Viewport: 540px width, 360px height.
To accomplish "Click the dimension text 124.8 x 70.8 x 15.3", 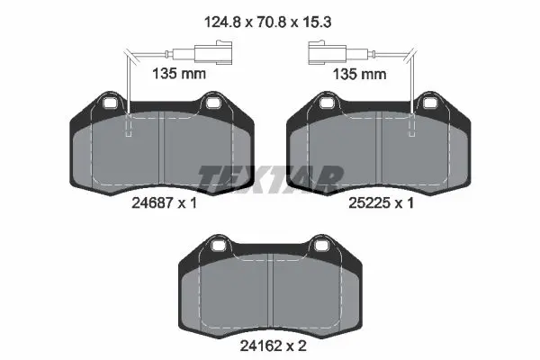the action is pyautogui.click(x=267, y=22).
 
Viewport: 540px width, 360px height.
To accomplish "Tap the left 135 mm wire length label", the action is pyautogui.click(x=179, y=74).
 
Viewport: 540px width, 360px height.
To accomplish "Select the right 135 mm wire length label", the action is pyautogui.click(x=359, y=74).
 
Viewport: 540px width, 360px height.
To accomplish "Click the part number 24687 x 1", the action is pyautogui.click(x=165, y=202).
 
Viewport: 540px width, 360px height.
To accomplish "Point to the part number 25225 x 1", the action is pyautogui.click(x=381, y=202).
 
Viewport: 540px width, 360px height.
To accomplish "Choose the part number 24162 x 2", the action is pyautogui.click(x=273, y=346).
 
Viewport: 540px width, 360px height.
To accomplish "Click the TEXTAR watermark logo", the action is pyautogui.click(x=271, y=178).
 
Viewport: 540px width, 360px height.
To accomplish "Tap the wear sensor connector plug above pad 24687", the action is pyautogui.click(x=213, y=53).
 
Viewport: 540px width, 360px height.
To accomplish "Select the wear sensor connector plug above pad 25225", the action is pyautogui.click(x=327, y=53).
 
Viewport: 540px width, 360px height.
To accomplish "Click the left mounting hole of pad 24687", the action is pyautogui.click(x=111, y=103).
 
